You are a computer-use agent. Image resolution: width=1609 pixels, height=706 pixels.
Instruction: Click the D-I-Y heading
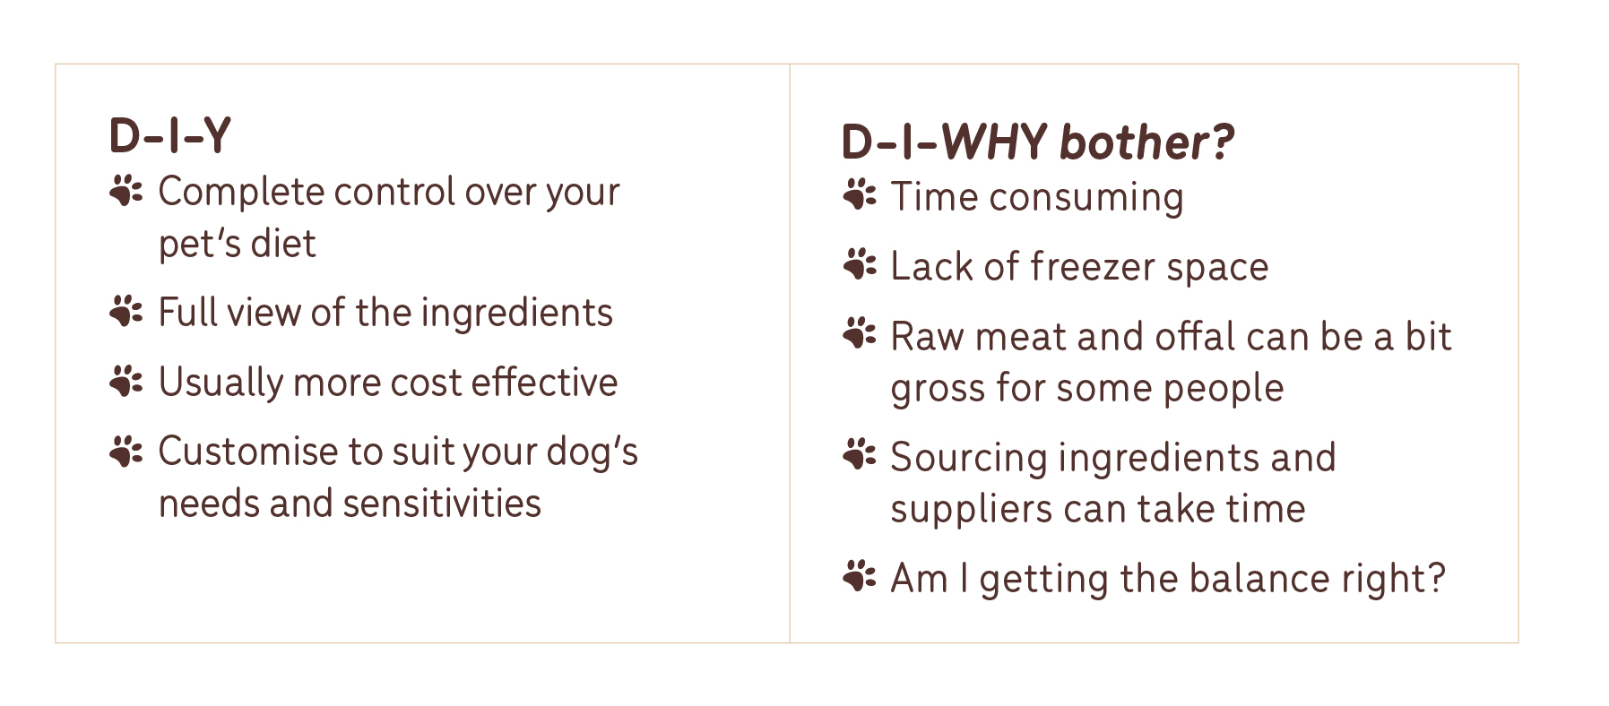click(169, 136)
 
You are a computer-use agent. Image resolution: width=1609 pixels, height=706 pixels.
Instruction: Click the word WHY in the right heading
click(993, 142)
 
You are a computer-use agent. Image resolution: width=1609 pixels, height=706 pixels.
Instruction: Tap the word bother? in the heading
click(1146, 142)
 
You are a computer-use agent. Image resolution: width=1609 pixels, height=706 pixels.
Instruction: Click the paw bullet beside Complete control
click(125, 191)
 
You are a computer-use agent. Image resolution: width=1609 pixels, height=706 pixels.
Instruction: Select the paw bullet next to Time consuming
click(859, 194)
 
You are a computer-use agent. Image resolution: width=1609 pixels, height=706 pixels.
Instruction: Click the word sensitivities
click(442, 503)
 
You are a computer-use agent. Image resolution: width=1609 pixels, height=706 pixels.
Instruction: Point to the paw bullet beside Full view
click(125, 311)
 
